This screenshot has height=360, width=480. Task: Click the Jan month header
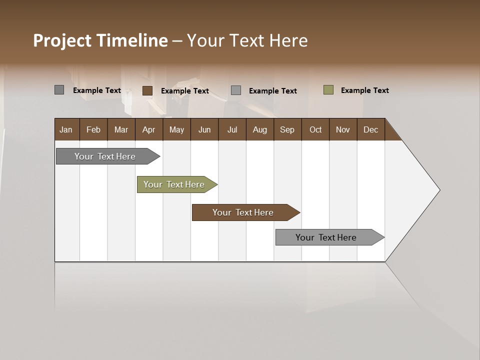[66, 129]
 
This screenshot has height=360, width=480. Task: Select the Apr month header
[149, 129]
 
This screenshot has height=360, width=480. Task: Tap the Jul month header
[232, 129]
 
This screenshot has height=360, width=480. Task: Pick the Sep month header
[287, 129]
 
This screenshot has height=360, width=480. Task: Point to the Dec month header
[371, 129]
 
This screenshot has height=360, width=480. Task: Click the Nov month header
[343, 129]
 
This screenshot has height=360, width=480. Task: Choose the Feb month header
[93, 129]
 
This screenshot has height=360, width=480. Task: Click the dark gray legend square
[59, 90]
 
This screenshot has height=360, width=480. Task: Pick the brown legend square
[147, 90]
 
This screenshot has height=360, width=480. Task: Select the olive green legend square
[328, 90]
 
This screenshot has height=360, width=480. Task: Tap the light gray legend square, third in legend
[236, 90]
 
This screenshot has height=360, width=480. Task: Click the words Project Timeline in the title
[100, 40]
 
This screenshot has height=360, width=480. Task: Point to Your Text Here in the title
[247, 40]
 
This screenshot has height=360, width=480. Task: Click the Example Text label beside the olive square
[364, 90]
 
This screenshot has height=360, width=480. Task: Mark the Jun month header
[204, 129]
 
